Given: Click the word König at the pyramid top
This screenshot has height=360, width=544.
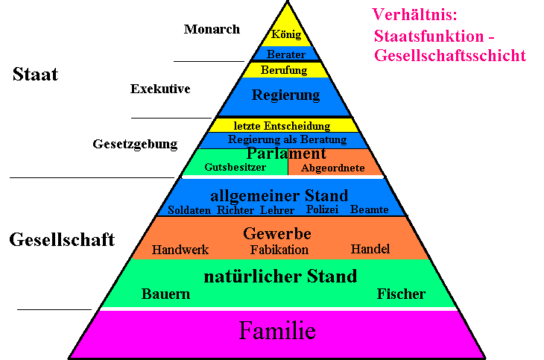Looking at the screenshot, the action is pos(286,34).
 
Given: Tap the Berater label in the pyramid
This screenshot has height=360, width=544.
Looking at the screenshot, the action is pos(286,54).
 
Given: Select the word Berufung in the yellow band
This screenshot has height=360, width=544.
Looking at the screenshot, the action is pos(284,71).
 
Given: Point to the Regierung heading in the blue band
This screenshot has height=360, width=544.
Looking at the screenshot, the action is pos(286,95).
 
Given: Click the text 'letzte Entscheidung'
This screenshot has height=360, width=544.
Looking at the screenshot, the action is pos(282,126).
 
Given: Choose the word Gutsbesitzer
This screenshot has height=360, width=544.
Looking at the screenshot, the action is pos(235,167).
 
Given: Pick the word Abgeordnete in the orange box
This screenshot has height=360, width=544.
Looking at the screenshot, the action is pos(332,168).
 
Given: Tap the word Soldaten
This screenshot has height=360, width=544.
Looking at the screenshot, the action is pos(189,210).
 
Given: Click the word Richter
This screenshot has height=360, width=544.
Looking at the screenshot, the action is pos(235,210).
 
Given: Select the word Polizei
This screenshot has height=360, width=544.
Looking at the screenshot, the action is pos(322,209).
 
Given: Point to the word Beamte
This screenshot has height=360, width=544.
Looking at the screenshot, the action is pos(369,209).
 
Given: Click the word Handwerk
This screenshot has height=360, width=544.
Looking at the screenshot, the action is pos(180,250).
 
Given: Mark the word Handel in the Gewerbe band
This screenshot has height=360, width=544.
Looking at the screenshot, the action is pos(370,249).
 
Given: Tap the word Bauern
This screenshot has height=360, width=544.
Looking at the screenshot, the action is pos(166,294).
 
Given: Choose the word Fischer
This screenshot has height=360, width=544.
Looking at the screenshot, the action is pos(401,294).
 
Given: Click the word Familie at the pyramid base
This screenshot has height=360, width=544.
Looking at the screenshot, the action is pos(277,330).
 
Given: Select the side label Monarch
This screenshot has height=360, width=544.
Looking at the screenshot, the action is pos(212,29).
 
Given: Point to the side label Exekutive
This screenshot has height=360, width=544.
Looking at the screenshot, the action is pos(160,89).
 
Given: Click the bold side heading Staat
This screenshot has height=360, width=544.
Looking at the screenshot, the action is pos(35,74).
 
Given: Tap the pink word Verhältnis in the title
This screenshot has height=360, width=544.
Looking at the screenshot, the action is pos(414,15).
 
